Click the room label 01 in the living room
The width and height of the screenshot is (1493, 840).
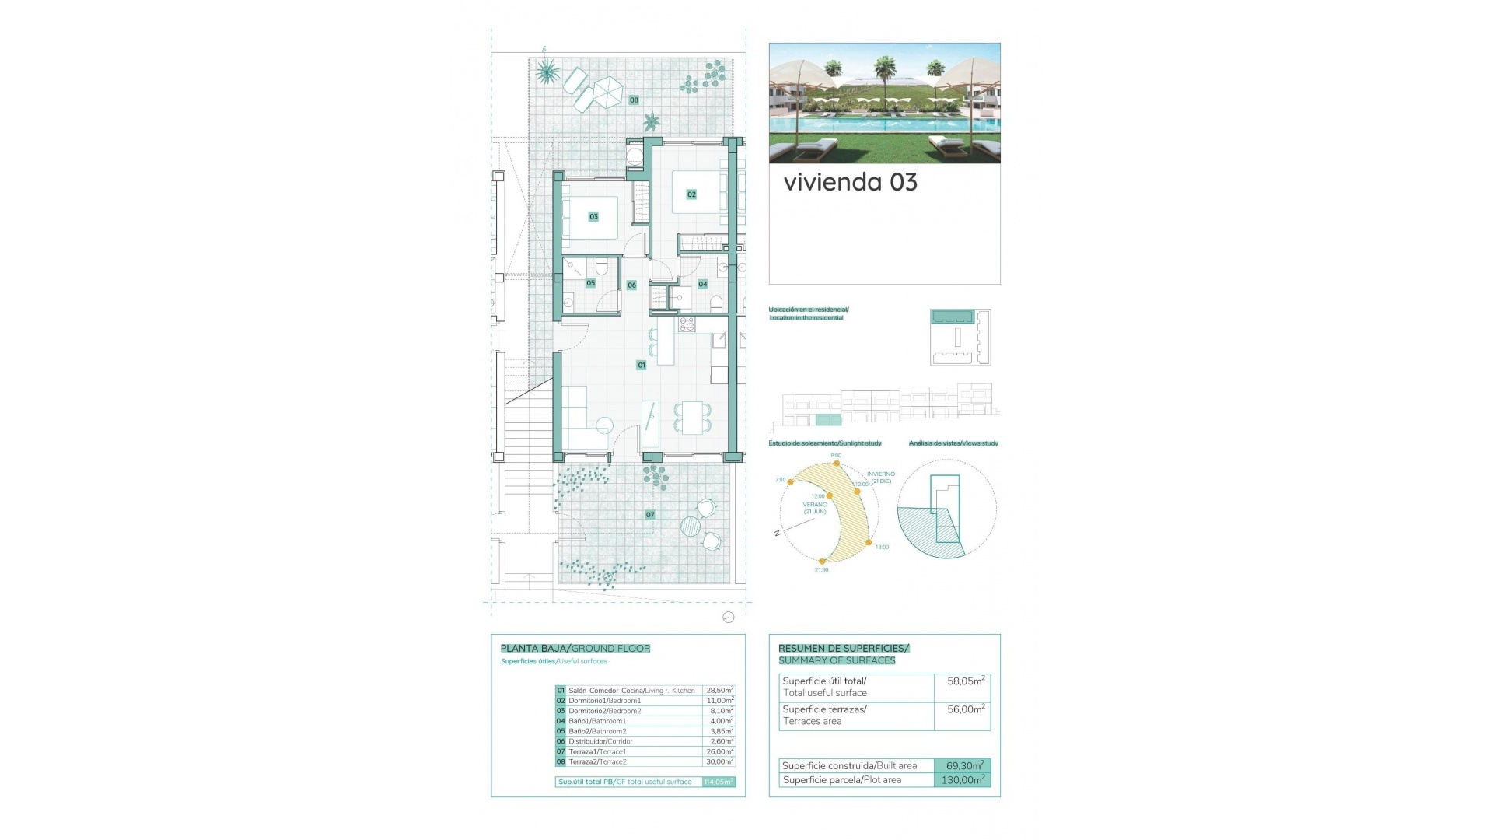642,365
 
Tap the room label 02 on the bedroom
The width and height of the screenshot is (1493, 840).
691,194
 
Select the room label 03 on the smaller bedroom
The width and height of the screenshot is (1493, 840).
593,217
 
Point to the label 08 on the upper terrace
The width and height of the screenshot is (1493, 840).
634,100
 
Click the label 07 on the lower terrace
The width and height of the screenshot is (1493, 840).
650,515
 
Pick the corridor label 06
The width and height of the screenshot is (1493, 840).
631,285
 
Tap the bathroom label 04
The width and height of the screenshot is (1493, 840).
702,285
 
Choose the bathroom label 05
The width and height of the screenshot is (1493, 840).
590,283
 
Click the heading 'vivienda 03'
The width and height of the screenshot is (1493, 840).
850,183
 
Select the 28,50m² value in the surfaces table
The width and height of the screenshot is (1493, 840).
719,691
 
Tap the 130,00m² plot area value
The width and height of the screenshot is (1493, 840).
963,780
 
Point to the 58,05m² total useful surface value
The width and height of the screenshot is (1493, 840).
965,681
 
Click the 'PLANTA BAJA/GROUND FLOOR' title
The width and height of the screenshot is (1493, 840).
575,649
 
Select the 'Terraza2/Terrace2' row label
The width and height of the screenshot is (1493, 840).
597,762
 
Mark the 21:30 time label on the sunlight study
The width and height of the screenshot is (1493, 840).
821,570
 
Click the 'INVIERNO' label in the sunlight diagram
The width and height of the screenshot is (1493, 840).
881,474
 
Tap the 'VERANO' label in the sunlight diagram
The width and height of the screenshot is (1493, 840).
815,505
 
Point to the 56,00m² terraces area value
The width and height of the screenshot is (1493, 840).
965,709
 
